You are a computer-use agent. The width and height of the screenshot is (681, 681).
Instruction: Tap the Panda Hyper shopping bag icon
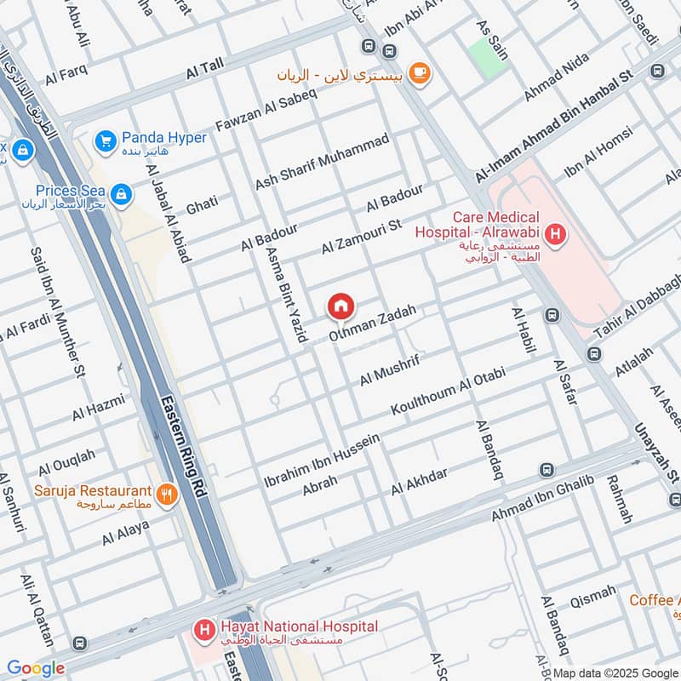(106, 139)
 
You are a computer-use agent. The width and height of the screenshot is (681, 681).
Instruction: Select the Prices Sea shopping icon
(121, 195)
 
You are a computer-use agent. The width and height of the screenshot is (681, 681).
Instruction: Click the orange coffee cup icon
(418, 74)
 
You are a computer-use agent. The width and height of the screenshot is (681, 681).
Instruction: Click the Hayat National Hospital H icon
(204, 630)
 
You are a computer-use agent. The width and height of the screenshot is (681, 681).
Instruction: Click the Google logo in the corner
(35, 668)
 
